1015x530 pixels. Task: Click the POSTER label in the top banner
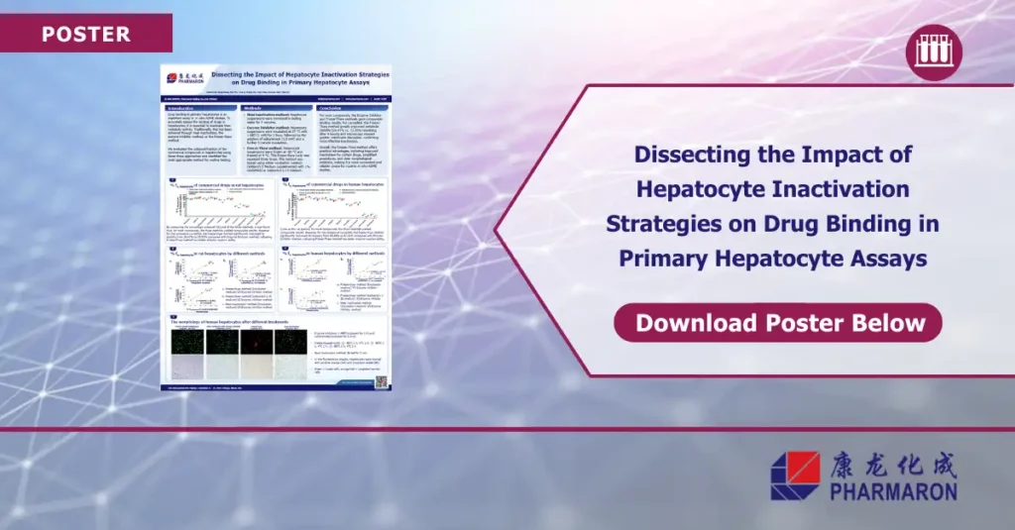[86, 35]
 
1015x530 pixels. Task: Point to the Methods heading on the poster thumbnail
[253, 109]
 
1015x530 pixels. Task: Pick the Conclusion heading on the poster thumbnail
[333, 109]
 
